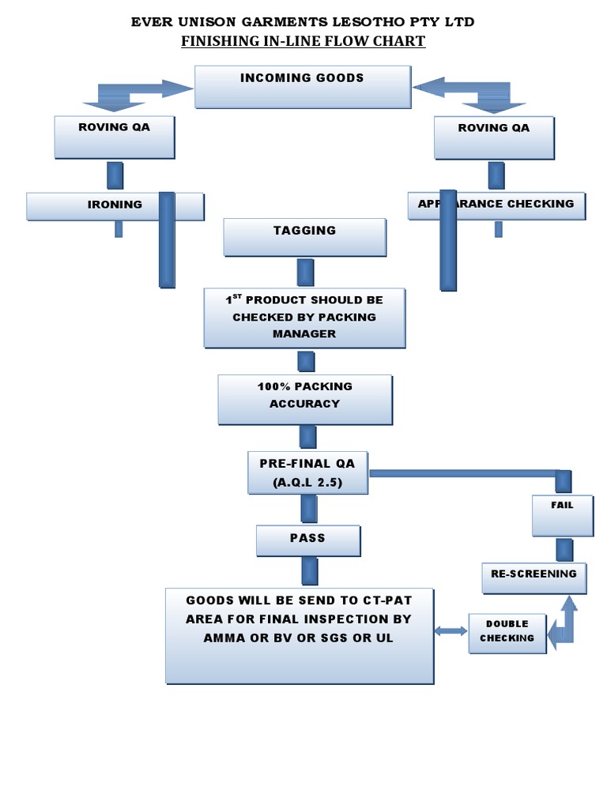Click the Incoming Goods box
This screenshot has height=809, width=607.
(x=303, y=87)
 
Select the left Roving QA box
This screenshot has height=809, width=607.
(x=115, y=137)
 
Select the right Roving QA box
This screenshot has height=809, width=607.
(x=494, y=137)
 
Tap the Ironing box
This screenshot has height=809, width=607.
(x=115, y=205)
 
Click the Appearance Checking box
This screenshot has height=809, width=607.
(x=496, y=205)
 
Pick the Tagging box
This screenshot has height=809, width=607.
(x=305, y=237)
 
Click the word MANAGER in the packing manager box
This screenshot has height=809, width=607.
(x=304, y=333)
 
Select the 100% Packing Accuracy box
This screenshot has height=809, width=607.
(x=305, y=399)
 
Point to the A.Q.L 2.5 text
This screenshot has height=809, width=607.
(x=307, y=482)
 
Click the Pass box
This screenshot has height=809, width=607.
(x=307, y=541)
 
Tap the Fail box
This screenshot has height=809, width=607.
(x=562, y=514)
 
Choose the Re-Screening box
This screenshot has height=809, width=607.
(x=533, y=578)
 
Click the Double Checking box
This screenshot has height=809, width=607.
(x=507, y=633)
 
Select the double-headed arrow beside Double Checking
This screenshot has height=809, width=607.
(x=451, y=630)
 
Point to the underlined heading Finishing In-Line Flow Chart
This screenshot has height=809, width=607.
(x=303, y=41)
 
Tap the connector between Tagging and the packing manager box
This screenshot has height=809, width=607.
(x=306, y=273)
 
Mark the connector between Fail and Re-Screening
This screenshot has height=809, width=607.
(x=564, y=549)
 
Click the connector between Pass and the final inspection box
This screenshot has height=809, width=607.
(x=309, y=571)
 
